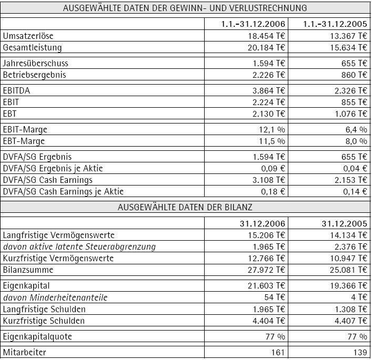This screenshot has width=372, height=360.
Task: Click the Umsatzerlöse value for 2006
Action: [x=267, y=36]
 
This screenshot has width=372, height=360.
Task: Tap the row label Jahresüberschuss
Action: [x=35, y=64]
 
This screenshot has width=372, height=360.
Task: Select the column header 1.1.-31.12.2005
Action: [x=335, y=24]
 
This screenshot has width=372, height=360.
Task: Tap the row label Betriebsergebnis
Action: [x=35, y=75]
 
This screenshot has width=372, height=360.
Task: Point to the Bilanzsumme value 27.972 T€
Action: [x=267, y=270]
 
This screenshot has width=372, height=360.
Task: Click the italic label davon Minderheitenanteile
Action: [x=62, y=297]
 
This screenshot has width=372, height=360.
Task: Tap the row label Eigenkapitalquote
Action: [x=37, y=336]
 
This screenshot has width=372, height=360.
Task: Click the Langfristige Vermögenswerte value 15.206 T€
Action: [x=267, y=235]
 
